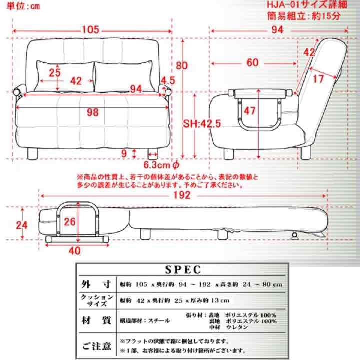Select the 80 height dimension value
click(182, 65)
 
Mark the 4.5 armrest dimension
click(167, 79)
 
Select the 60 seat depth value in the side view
click(252, 62)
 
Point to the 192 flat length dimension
click(183, 195)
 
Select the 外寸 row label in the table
click(95, 284)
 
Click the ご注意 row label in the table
click(95, 345)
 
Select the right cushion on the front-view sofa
click(122, 76)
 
